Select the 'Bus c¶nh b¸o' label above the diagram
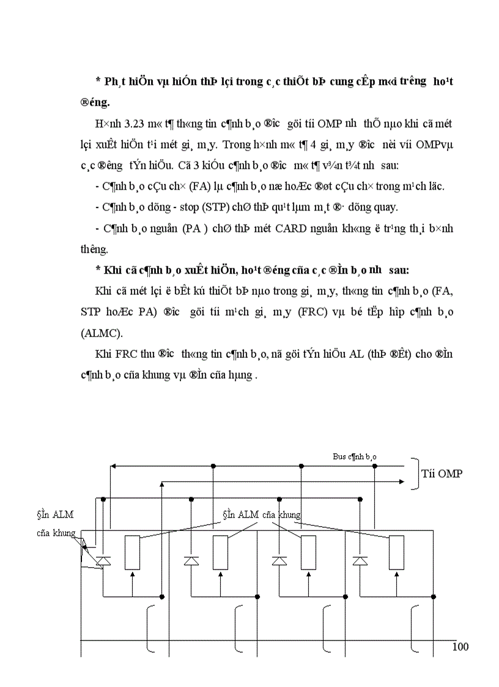(355, 457)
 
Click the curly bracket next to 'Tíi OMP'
(417, 474)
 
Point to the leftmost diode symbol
(103, 560)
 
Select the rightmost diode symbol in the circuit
(360, 560)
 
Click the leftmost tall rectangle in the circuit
(133, 552)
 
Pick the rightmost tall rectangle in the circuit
(397, 552)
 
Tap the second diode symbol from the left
(191, 560)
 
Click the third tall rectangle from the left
(309, 552)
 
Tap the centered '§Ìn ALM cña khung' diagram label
(261, 514)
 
